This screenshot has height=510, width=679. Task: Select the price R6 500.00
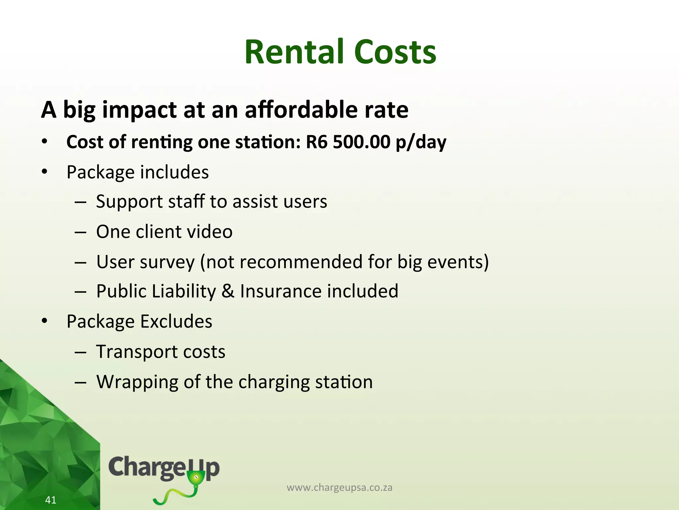[348, 142]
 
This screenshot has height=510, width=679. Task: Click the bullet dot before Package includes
[45, 172]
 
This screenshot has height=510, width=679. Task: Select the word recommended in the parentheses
[301, 262]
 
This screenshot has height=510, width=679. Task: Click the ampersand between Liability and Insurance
[228, 291]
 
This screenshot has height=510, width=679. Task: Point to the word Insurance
[280, 291]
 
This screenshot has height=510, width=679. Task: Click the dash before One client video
[81, 232]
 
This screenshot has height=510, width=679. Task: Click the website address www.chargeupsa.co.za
[339, 487]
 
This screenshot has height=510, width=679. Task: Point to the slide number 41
[51, 500]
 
